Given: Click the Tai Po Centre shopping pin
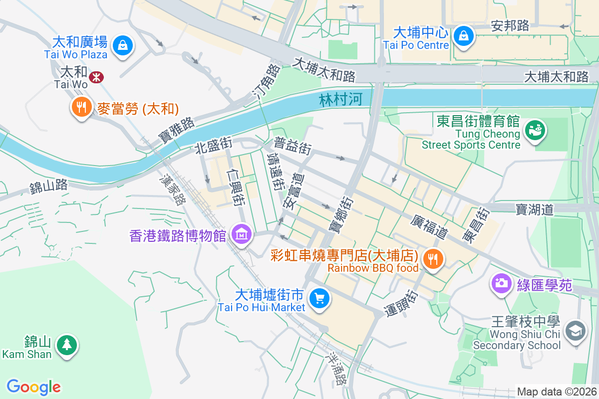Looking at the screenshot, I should (464, 36).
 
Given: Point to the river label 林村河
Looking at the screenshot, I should (340, 100).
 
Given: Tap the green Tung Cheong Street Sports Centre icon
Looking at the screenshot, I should (535, 131).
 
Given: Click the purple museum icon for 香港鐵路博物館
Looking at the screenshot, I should (242, 234).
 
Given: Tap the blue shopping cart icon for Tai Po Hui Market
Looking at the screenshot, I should (319, 298).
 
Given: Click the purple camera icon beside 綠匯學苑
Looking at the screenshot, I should (501, 283).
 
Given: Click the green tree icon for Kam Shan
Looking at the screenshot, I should (66, 344).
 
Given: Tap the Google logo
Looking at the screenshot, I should (33, 387).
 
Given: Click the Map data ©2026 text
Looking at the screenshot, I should (556, 392).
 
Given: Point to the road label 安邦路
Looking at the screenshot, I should (510, 26).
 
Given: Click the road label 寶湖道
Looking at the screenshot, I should (535, 209).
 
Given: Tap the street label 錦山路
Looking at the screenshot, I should (48, 187).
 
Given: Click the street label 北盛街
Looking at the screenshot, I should (214, 146).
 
